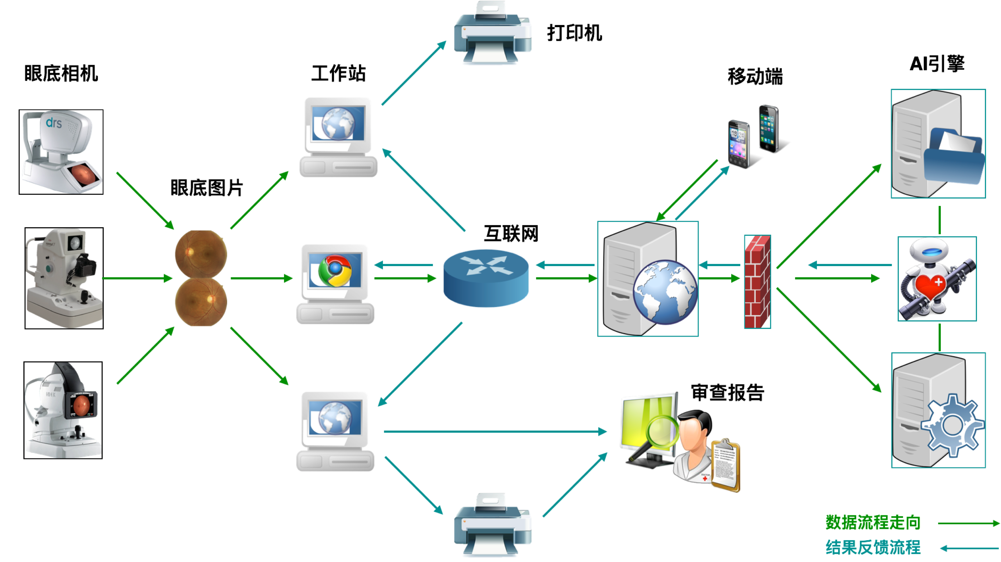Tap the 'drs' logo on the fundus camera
coord(54,123)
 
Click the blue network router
coord(486,278)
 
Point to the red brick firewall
coord(757,282)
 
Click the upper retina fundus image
coord(200,254)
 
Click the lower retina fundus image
coord(200,302)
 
